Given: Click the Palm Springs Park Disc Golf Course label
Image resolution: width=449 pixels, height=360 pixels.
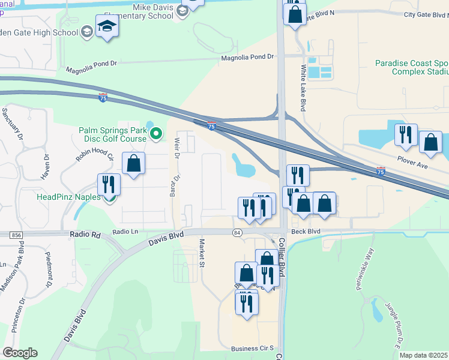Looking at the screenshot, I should coord(112,134).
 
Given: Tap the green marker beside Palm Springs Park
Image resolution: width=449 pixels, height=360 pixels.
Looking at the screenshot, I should coord(156,134).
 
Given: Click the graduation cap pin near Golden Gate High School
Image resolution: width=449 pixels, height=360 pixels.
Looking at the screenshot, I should coord(107,27).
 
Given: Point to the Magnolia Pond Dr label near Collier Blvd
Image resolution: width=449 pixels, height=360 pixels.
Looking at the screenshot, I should coord(247,58).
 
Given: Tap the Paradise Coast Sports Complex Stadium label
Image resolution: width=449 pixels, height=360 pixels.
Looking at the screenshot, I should coord(412,67).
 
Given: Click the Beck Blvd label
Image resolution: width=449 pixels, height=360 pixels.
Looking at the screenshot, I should coord(306,231).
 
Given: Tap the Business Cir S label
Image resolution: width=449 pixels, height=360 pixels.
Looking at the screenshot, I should coord(252,348).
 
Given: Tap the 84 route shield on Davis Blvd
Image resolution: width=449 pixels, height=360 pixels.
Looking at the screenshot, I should coord(238,232).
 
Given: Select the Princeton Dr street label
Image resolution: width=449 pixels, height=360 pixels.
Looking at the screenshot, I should coord(17,314).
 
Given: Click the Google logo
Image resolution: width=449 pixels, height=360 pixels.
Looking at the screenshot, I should coord(20,352).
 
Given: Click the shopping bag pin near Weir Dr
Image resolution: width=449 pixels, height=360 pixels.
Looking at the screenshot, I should coord(133,163).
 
